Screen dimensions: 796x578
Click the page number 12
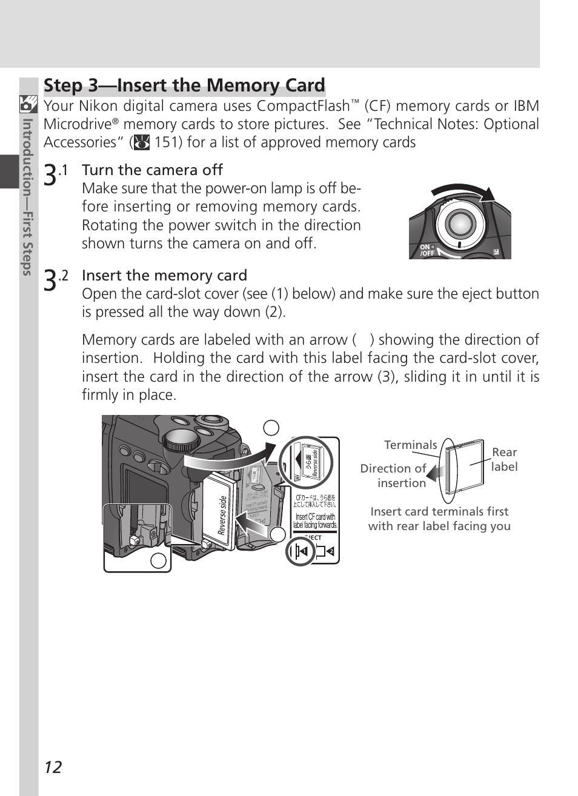click(x=53, y=768)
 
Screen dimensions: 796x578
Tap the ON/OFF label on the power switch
click(x=427, y=250)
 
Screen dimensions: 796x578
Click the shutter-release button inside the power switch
click(x=460, y=224)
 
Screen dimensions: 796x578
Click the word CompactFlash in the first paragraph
click(x=303, y=106)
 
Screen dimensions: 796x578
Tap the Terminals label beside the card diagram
click(x=410, y=445)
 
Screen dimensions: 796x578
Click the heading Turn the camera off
click(x=152, y=170)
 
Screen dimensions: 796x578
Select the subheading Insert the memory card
click(x=164, y=276)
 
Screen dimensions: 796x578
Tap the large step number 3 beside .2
click(x=51, y=279)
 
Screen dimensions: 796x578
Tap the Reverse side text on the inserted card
click(x=223, y=515)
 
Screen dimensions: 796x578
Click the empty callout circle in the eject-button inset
click(x=158, y=560)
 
